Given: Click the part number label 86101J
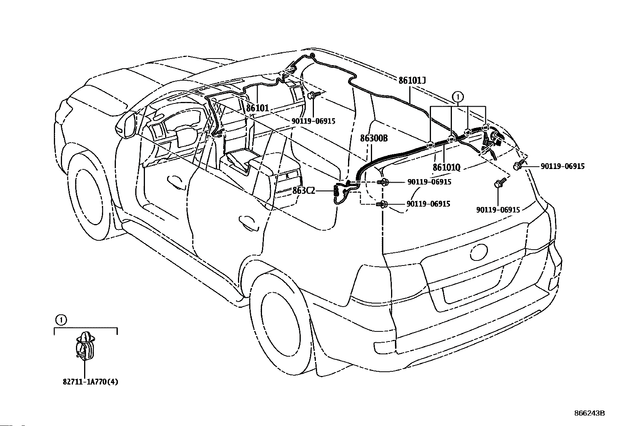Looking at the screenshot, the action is coord(412,81).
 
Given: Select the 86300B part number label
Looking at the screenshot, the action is coord(374,138).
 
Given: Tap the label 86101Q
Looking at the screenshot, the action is coord(446,167).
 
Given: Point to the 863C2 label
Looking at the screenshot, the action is coord(303,190).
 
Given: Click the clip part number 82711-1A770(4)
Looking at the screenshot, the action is coord(90,382).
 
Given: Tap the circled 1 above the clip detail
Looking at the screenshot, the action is coord(61,320).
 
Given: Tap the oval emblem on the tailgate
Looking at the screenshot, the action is coord(479,252).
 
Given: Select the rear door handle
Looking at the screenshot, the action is coord(248,222).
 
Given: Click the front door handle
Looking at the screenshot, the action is coord(176,182).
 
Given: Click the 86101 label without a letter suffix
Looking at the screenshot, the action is coord(257,108).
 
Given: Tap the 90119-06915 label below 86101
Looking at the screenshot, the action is coord(314,121).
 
